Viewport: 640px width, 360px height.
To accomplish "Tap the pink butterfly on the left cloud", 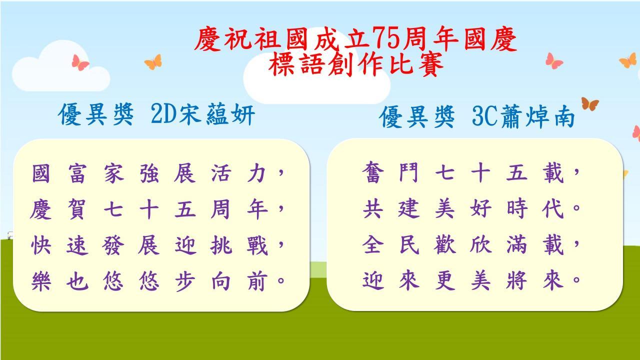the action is (x=80, y=62).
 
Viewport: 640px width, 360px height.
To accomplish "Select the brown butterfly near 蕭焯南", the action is (x=589, y=103).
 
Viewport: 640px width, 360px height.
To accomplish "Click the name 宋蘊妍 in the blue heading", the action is (x=217, y=114).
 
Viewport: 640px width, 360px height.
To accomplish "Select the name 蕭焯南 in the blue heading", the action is (x=537, y=116).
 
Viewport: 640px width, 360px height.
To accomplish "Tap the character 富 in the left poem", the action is (x=77, y=173).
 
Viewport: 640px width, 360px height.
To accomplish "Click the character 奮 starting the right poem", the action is (x=372, y=172).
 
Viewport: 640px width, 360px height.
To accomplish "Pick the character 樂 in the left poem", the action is (x=41, y=281).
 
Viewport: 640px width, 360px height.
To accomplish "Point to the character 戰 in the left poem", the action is (x=257, y=245).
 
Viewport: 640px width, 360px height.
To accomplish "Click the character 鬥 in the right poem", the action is (x=409, y=172).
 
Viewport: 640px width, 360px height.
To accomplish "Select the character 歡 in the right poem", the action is (x=445, y=244).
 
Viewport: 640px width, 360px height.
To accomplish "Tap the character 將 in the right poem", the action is (x=516, y=280).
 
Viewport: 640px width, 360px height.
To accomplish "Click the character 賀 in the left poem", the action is (x=77, y=209).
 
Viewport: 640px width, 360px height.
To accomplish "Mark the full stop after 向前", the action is (x=281, y=279).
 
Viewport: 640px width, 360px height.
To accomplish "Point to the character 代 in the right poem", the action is (x=553, y=208).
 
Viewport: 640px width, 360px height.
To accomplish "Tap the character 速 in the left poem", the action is (x=77, y=245).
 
